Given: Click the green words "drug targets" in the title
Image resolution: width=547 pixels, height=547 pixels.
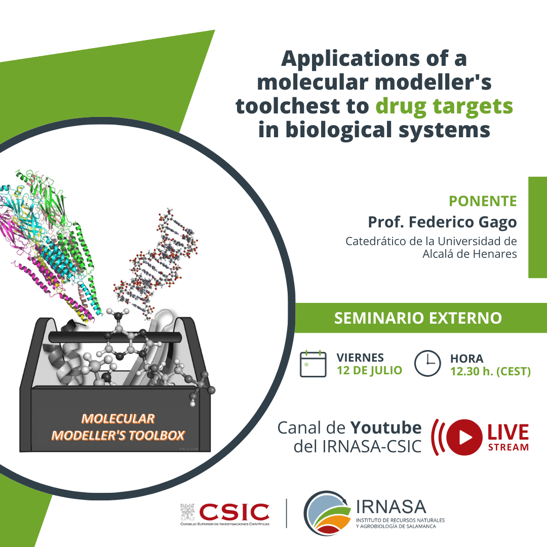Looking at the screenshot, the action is click(444, 107).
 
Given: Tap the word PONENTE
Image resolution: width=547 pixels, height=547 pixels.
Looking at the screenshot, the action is click(483, 201).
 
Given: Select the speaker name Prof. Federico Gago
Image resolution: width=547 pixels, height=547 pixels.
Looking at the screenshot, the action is click(442, 222).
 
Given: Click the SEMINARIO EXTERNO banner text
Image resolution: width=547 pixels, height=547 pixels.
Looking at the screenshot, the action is click(418, 318).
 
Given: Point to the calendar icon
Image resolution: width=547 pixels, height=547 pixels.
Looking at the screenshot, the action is click(313, 364).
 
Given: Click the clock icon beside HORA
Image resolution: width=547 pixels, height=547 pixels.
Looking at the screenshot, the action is click(427, 363).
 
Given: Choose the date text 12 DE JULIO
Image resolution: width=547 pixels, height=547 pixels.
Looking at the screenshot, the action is click(369, 370).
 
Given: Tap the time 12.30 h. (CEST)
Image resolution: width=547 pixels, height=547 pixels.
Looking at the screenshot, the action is click(490, 371).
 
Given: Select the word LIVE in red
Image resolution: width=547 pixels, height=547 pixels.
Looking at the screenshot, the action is click(508, 432).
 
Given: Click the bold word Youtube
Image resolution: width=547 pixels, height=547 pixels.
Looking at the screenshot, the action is click(386, 427).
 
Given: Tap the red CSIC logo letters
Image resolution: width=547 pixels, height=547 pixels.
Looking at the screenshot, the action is click(234, 512).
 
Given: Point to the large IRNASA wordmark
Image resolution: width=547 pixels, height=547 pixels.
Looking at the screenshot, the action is click(391, 507).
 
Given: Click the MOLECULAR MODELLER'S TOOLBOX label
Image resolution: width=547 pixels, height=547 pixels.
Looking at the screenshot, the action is click(118, 427).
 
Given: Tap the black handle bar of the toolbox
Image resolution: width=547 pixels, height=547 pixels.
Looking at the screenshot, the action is click(115, 337).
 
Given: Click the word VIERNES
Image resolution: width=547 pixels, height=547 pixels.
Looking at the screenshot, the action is click(360, 358).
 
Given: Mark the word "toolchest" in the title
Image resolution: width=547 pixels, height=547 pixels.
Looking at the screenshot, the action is click(302, 106).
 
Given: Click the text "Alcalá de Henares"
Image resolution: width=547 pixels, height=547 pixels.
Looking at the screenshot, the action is click(470, 254).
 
